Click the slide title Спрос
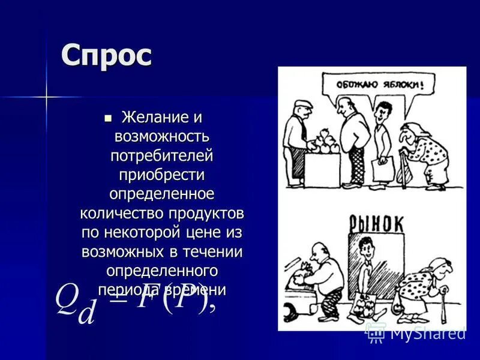click(x=107, y=57)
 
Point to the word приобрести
click(x=162, y=175)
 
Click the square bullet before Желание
click(x=109, y=116)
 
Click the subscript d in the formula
click(x=87, y=313)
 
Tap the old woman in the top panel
click(x=426, y=154)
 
